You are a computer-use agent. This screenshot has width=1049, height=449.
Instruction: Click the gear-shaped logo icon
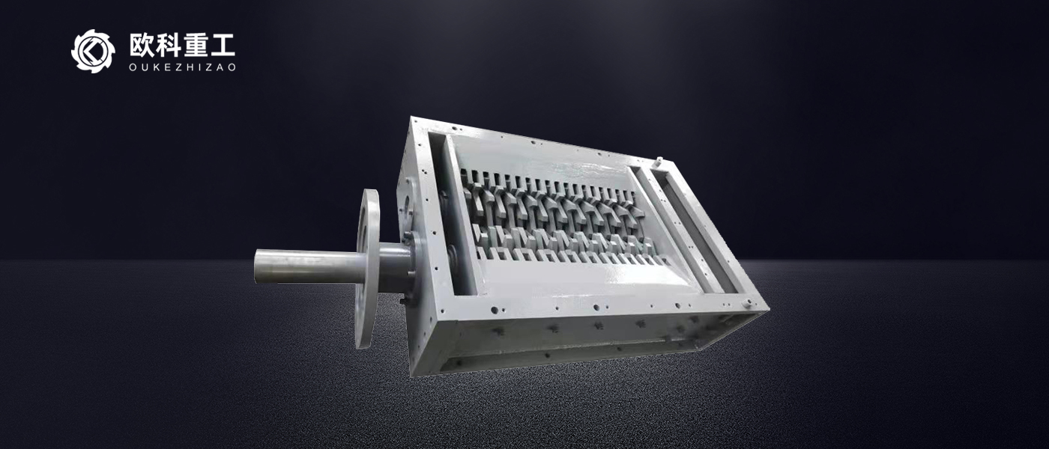(x=93, y=51)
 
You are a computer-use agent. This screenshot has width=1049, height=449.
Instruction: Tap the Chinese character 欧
(x=142, y=46)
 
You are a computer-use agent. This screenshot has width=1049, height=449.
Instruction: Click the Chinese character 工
(x=222, y=46)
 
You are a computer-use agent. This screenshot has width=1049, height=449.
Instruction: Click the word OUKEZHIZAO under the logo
(x=182, y=67)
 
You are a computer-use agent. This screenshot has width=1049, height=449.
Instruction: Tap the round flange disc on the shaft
(x=367, y=269)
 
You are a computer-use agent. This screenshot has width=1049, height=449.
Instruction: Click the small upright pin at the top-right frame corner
(x=659, y=162)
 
